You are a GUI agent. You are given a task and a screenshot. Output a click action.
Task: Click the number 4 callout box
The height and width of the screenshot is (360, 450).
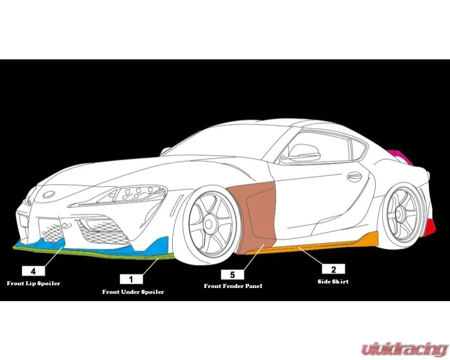pos(33,271)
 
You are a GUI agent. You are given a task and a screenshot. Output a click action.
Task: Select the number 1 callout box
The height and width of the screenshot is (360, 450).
pos(131,279)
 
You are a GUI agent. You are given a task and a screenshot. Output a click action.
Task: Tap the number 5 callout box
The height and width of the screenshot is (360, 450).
pos(233,275)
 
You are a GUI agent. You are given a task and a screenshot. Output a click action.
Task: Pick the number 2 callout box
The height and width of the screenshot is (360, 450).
pos(333,269)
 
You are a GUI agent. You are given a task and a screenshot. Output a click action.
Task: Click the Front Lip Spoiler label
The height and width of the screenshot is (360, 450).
pos(34,283)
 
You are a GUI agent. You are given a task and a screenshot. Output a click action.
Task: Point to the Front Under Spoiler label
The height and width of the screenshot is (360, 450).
pos(133,292)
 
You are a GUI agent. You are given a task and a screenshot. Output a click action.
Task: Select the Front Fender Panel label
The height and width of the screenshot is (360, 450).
pos(233,286)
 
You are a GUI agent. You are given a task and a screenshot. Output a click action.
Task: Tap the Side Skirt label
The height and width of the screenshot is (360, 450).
pos(333,281)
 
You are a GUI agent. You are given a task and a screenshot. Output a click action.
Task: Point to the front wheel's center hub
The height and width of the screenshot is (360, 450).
pos(209,224)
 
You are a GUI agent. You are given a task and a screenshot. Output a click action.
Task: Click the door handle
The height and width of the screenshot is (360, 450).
pos(355,176)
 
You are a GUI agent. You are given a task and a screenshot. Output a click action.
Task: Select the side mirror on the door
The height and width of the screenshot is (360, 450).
pos(304,153)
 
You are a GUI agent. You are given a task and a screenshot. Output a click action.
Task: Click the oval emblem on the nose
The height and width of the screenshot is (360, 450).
pos(49,194)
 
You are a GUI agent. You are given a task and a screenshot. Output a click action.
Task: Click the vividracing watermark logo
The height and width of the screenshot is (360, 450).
pos(405,349)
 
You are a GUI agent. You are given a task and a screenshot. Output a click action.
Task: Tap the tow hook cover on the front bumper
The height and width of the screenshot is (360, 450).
pos(66,225)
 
